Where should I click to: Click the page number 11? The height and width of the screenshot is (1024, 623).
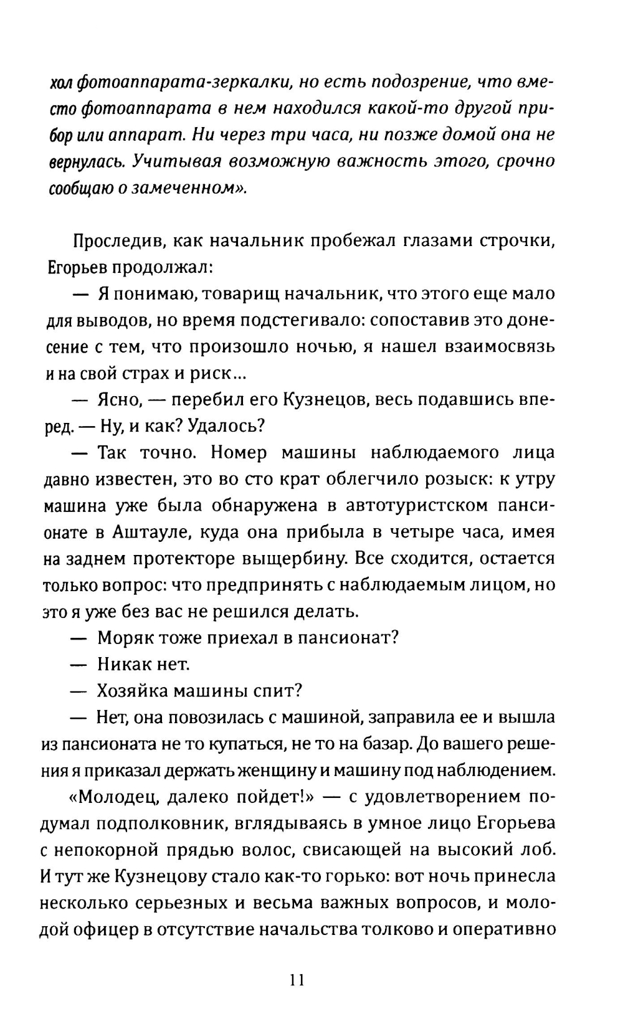click(296, 980)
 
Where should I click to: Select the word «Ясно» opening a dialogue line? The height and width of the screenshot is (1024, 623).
click(117, 400)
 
